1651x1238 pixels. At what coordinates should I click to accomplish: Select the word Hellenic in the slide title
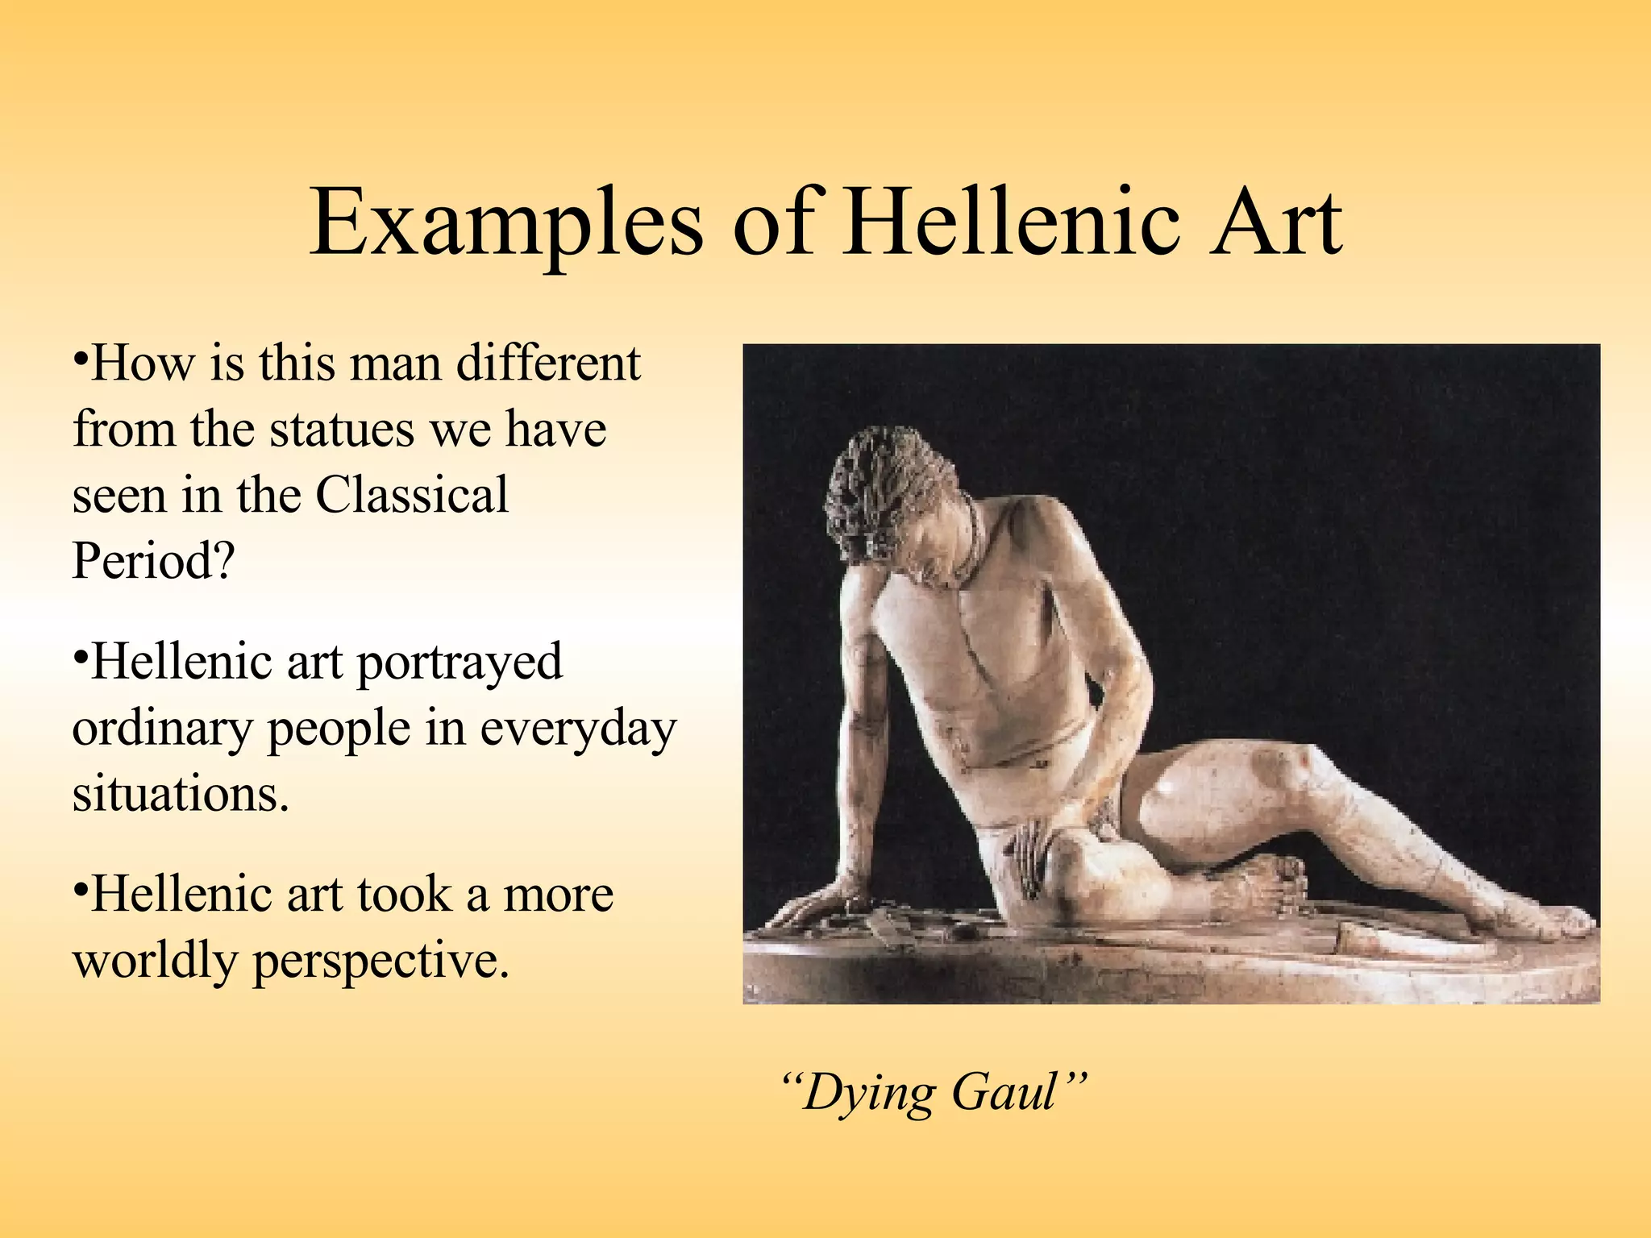click(1011, 222)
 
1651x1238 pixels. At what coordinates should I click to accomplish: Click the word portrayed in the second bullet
click(460, 663)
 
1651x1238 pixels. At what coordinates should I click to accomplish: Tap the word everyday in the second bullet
click(578, 729)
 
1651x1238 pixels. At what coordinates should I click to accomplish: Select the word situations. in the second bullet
click(181, 794)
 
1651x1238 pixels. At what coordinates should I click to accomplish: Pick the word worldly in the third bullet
click(153, 961)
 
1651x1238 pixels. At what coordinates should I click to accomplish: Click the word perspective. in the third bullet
click(381, 961)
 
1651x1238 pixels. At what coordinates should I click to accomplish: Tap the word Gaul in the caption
click(1004, 1093)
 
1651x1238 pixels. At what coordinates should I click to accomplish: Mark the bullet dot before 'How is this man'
click(80, 357)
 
